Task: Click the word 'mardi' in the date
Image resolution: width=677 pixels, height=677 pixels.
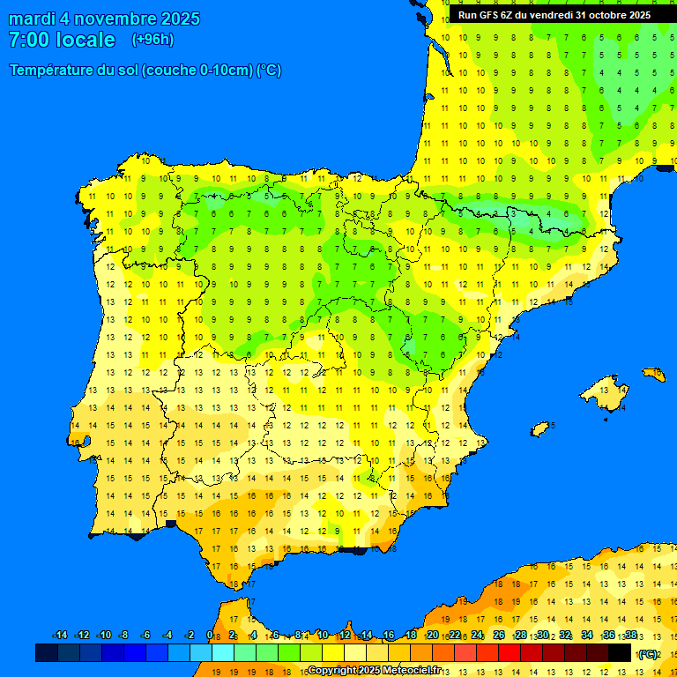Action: coord(31,19)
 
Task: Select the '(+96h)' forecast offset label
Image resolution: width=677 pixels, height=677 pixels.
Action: coord(153,40)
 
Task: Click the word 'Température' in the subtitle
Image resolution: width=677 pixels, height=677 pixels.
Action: coord(52,71)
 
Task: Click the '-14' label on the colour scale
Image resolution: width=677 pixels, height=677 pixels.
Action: coord(60,636)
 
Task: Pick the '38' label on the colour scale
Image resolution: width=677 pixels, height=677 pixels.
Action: coord(631,636)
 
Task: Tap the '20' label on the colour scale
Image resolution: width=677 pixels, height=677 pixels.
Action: coord(433,636)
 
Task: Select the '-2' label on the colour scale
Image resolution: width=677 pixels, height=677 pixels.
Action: coord(189,636)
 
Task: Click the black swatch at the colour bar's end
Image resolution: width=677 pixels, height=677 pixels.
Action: coord(620,652)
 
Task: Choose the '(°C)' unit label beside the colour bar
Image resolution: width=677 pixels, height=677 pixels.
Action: coord(648,654)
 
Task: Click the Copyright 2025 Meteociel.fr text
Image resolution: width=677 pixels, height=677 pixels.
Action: coord(374,671)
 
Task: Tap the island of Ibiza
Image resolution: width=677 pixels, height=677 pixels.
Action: coord(540,429)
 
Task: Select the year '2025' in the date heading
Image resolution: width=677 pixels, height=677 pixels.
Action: coord(175,19)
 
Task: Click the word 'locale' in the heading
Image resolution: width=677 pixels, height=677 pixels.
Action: coord(86,40)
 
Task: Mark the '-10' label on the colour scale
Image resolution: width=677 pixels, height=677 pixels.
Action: coord(104,636)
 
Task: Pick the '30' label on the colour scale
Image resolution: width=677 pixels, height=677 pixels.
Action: coord(543,636)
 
